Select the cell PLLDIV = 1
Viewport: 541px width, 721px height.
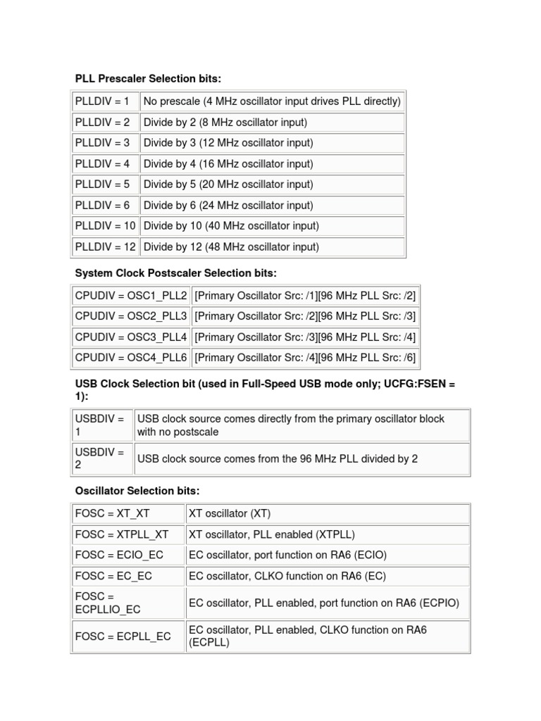point(105,101)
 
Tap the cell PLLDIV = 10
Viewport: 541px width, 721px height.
point(105,226)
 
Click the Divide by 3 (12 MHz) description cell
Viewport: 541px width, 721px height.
point(272,143)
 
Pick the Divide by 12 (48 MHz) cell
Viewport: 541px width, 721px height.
point(272,247)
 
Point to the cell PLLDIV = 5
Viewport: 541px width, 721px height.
point(105,184)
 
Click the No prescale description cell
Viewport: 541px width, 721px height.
point(272,101)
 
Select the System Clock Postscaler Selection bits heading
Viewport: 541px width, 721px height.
point(176,272)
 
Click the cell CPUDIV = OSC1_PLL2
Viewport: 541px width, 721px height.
point(131,296)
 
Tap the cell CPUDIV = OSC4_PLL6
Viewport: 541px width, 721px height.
point(131,358)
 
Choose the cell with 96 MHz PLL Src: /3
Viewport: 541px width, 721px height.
point(305,316)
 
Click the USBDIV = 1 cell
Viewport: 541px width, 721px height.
point(103,425)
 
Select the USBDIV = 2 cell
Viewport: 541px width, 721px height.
point(103,458)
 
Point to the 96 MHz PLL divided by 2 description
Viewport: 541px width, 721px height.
point(301,458)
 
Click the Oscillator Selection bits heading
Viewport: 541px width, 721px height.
point(137,490)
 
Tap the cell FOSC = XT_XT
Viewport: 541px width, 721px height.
point(128,513)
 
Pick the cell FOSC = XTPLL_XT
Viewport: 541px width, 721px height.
point(128,534)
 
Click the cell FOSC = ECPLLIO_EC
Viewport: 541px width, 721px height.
point(128,603)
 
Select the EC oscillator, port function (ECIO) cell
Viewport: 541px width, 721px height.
point(328,555)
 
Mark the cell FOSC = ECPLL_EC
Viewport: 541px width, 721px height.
point(128,637)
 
